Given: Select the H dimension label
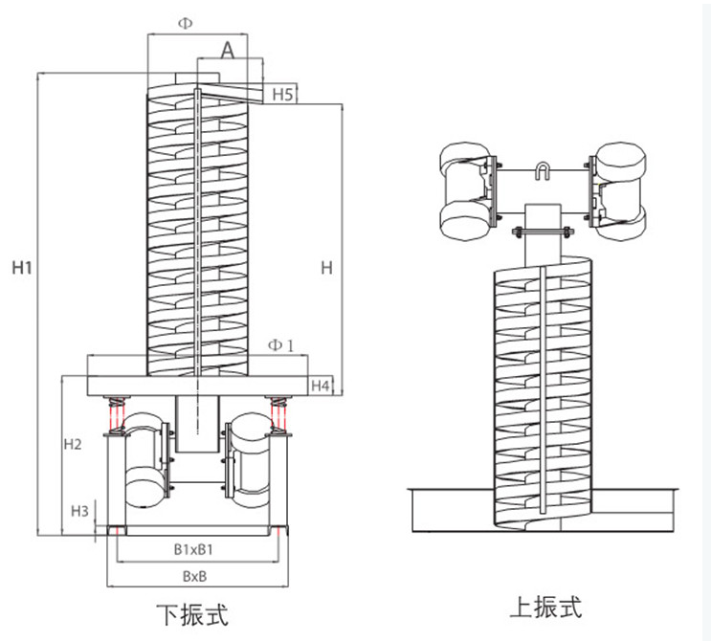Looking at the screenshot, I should (x=326, y=269).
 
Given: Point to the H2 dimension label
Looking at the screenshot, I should (x=73, y=445).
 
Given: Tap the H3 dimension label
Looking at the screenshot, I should (x=80, y=511).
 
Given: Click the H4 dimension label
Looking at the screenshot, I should (x=322, y=386).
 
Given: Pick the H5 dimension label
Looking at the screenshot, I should (x=282, y=95).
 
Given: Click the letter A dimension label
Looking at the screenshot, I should (x=228, y=51).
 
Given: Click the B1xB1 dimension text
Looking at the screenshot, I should (x=193, y=549).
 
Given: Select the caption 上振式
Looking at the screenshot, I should (x=544, y=607).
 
